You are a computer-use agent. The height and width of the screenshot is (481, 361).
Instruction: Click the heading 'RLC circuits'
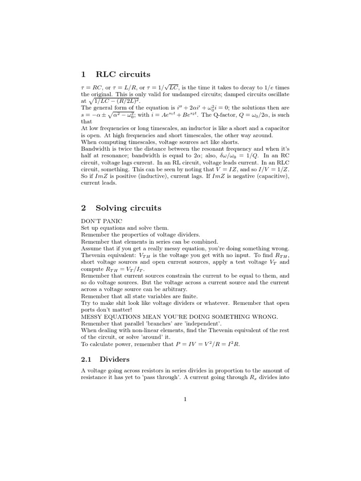(123, 74)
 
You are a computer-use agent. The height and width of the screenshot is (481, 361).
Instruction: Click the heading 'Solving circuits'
(128, 208)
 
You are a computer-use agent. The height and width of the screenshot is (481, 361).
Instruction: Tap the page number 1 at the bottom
(185, 399)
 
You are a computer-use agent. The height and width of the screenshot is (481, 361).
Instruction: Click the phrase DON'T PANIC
(102, 220)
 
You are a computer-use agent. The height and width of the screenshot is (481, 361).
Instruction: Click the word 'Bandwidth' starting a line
(96, 148)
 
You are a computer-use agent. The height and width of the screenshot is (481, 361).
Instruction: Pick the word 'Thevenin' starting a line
(95, 255)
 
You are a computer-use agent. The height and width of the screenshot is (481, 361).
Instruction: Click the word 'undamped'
(172, 94)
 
